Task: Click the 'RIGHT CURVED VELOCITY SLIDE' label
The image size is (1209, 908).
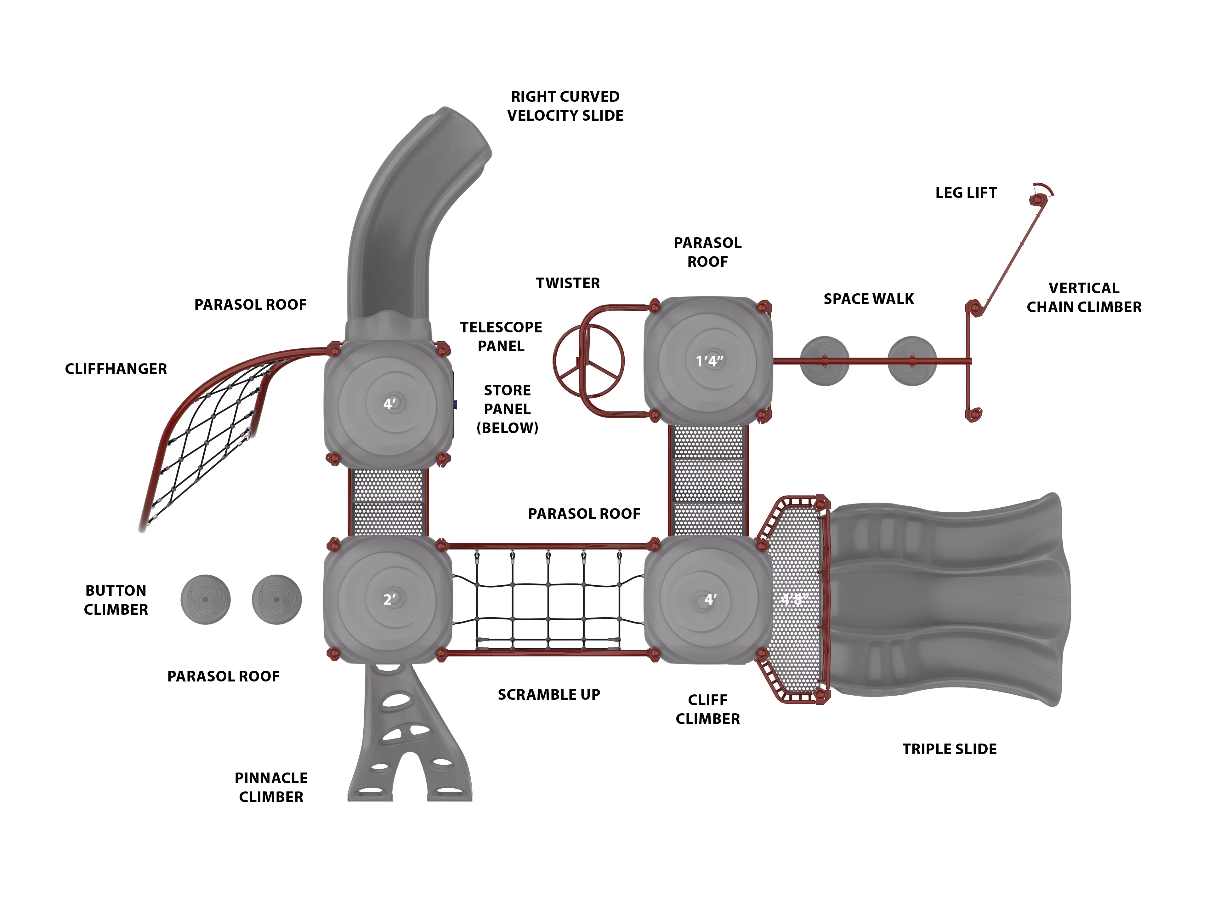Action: click(565, 106)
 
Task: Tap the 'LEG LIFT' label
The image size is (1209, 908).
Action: click(966, 193)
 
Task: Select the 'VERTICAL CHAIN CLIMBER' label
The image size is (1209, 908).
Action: click(1084, 297)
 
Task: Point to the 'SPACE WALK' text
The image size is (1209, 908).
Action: click(868, 299)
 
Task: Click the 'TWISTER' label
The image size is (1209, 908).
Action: click(568, 283)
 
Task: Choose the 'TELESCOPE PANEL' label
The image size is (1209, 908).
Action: click(501, 336)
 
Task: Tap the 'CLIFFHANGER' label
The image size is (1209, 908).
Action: click(116, 369)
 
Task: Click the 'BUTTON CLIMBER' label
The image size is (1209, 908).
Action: click(116, 600)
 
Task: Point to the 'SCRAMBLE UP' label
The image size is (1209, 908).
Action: click(549, 695)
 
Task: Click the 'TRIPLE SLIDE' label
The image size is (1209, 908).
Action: click(949, 750)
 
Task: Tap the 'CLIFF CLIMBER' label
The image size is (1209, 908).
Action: click(708, 710)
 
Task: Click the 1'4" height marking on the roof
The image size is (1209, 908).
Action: click(709, 361)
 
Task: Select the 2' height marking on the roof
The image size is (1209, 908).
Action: click(389, 600)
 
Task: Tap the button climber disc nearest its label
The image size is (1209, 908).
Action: click(206, 600)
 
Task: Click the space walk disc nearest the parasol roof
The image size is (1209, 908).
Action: click(825, 361)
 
